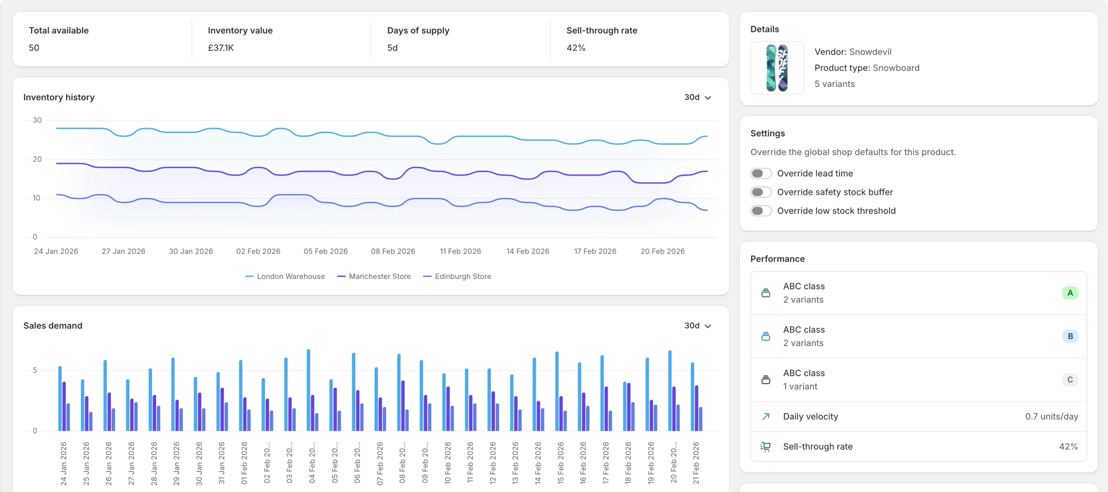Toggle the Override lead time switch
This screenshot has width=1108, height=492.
point(761,173)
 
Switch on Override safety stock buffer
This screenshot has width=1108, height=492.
point(761,192)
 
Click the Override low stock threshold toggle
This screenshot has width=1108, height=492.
point(761,211)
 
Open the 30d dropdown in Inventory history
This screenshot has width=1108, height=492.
point(697,97)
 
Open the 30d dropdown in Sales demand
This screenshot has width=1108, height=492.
point(697,326)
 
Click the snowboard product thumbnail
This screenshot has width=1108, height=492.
point(777,68)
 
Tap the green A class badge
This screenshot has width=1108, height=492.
point(1070,293)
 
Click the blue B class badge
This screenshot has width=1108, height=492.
point(1070,336)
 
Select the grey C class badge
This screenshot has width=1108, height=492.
point(1070,380)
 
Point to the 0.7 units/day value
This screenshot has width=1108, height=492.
point(1051,416)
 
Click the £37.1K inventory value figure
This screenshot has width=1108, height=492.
point(221,48)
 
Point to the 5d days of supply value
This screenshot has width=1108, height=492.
point(392,48)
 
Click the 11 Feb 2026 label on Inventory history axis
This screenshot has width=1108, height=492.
point(460,251)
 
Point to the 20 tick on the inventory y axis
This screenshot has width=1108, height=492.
point(37,159)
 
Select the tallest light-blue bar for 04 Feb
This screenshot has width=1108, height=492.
point(308,389)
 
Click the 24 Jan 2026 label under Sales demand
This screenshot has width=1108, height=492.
point(63,463)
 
